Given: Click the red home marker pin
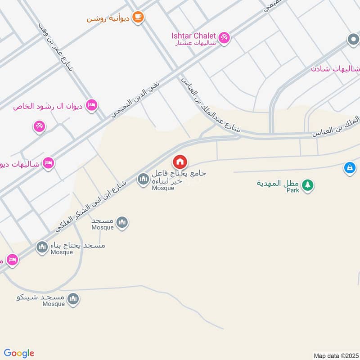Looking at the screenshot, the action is pyautogui.click(x=180, y=162).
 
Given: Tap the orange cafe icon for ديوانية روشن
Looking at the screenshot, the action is pyautogui.click(x=138, y=17).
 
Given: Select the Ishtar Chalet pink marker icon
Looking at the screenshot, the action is pyautogui.click(x=224, y=36).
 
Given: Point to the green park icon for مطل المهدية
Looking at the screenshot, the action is pyautogui.click(x=307, y=184).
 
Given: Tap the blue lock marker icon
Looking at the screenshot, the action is pyautogui.click(x=349, y=168).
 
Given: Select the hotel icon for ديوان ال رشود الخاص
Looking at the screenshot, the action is pyautogui.click(x=91, y=104).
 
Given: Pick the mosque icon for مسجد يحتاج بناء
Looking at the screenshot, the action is pyautogui.click(x=42, y=247).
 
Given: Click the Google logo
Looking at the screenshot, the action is pyautogui.click(x=19, y=353).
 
